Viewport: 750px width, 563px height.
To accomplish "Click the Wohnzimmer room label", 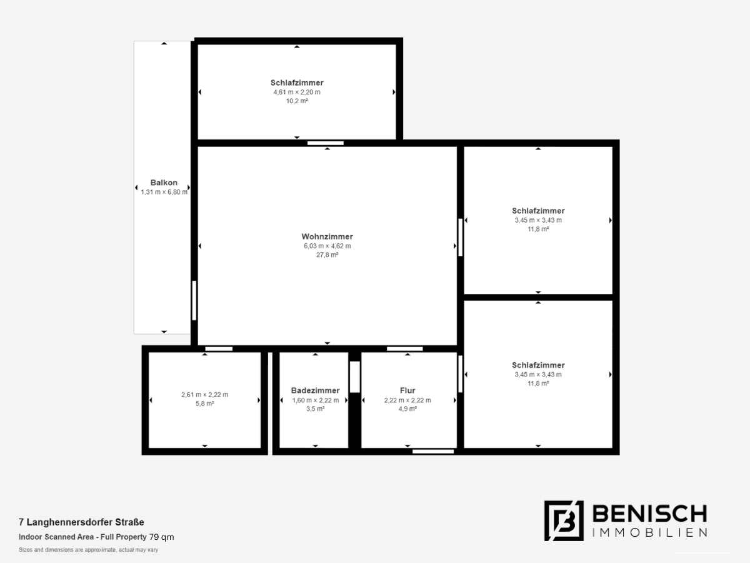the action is click(x=327, y=236).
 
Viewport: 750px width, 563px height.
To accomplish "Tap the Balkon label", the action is click(x=164, y=183).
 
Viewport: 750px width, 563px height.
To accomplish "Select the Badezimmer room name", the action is click(x=316, y=390).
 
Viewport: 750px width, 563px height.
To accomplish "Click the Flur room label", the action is click(x=407, y=390).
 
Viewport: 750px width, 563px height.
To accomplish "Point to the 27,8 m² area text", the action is click(x=327, y=255).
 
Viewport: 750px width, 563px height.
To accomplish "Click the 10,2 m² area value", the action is click(x=297, y=101).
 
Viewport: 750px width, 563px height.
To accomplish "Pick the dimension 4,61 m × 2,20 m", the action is click(x=297, y=92).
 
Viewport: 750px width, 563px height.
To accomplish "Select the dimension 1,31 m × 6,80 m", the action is click(x=164, y=192).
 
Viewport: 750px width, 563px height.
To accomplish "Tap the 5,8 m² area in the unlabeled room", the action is click(x=204, y=403).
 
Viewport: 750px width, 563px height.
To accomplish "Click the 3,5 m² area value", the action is click(x=316, y=409).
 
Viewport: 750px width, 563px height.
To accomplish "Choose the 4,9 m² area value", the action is click(x=407, y=409).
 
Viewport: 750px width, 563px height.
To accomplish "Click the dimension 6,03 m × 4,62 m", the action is click(x=327, y=246).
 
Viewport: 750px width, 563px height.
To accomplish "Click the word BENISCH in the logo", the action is click(x=649, y=514).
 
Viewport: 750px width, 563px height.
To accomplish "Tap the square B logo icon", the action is click(x=564, y=520).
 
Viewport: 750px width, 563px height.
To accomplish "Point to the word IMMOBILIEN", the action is click(x=649, y=532).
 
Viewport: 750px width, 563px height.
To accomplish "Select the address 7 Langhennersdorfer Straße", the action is click(x=81, y=522).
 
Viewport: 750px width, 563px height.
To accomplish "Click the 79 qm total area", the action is click(x=161, y=537).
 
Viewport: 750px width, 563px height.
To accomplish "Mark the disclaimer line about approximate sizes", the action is click(x=89, y=550).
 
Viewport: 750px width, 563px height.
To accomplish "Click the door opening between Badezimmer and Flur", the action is click(x=354, y=377).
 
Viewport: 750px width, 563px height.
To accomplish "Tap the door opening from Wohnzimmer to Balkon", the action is click(x=194, y=300).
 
